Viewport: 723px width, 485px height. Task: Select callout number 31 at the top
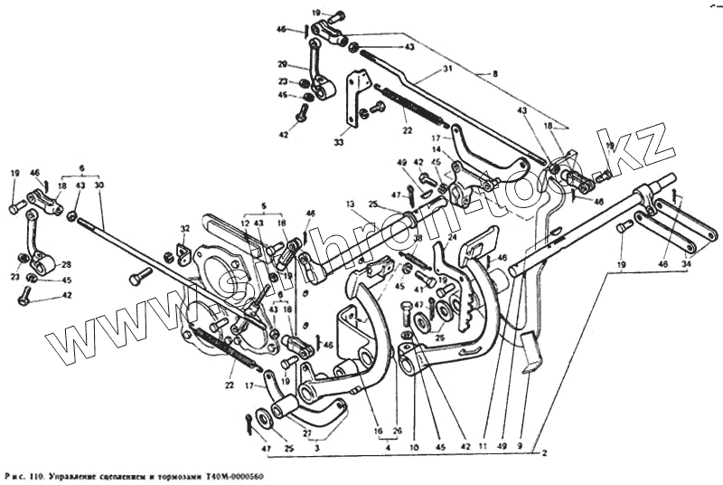coord(447,70)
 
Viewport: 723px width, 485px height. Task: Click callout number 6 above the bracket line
coord(81,168)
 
